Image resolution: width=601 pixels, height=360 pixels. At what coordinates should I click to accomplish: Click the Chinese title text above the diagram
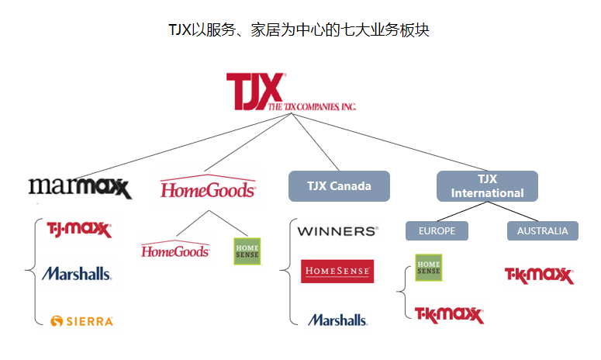click(x=299, y=30)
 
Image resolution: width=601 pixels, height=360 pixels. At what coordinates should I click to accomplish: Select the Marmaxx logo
click(x=80, y=188)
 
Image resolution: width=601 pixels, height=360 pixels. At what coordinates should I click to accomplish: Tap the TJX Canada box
click(x=339, y=186)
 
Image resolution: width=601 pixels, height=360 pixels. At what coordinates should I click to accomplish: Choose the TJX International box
click(x=487, y=186)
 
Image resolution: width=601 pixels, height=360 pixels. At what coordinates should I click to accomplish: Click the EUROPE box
click(x=437, y=230)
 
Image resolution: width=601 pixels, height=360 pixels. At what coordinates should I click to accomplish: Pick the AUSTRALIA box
click(x=543, y=230)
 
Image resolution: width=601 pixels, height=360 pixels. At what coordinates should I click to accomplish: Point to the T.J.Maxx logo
click(x=79, y=229)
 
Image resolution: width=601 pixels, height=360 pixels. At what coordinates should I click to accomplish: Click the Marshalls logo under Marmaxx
click(x=77, y=274)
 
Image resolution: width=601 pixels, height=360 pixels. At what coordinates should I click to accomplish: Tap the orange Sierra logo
click(x=81, y=321)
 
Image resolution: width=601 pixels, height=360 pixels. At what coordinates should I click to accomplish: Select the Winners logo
click(x=337, y=231)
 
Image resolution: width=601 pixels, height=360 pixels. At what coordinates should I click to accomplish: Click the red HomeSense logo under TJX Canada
click(x=337, y=271)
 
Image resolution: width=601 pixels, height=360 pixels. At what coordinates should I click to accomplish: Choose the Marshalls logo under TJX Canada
click(x=337, y=320)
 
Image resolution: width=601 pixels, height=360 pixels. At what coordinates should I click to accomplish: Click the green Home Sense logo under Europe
click(x=429, y=268)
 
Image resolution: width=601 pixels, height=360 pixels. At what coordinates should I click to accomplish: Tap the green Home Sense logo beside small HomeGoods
click(x=247, y=251)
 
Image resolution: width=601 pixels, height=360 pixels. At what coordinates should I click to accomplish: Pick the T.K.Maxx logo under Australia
click(x=539, y=275)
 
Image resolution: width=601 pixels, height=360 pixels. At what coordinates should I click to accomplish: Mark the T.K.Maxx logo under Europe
click(x=449, y=315)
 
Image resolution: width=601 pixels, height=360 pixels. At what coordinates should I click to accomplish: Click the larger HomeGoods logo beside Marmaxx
click(x=208, y=187)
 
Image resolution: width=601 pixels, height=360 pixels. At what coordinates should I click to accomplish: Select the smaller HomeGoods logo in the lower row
click(x=175, y=249)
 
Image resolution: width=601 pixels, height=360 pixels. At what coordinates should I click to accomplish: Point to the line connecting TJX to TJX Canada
click(x=315, y=142)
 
